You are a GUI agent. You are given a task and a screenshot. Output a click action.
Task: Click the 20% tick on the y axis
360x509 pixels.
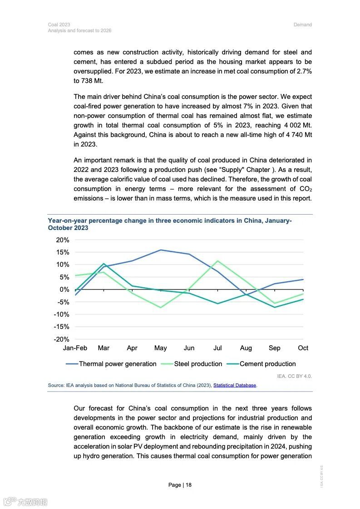coord(63,240)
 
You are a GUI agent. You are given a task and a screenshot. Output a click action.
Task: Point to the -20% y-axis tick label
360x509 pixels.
coord(61,339)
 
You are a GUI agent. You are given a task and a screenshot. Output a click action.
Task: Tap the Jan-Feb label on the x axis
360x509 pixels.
coord(75,348)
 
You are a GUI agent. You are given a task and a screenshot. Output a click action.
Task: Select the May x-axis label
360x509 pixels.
coord(160,348)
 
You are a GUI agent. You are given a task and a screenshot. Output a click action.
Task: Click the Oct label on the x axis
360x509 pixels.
coord(303,348)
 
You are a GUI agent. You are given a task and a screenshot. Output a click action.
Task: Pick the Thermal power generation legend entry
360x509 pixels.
coord(117,364)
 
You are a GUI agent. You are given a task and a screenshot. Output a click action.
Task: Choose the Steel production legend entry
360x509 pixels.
coord(198,364)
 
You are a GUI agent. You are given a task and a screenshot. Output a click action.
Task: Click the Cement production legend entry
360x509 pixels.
coord(267,364)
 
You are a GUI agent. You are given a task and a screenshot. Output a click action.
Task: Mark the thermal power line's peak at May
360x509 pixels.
coord(160,250)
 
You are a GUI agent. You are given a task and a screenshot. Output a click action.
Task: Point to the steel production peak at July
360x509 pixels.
coord(218,261)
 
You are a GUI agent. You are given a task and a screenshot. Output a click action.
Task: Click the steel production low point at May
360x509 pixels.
coord(160,307)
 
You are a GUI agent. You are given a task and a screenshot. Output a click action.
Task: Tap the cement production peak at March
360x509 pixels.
coord(104,264)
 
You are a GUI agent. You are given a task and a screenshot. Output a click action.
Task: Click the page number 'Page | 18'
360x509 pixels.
coord(180,485)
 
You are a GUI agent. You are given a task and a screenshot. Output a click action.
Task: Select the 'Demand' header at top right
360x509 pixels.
coord(302,24)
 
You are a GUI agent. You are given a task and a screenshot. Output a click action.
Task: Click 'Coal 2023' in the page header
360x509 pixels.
coord(59,24)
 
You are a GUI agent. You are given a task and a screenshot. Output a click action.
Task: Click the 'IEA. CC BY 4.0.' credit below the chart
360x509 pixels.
coord(294,376)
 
